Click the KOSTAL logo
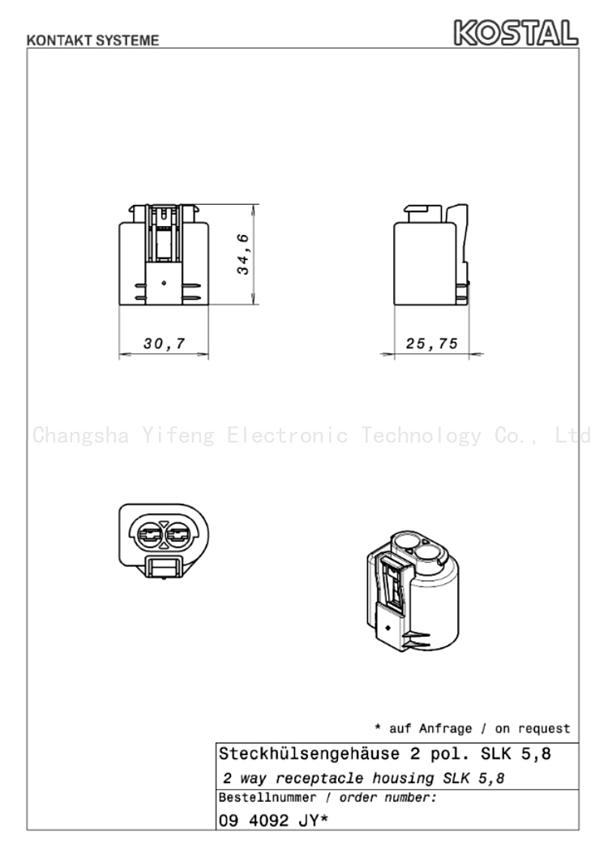[x=516, y=32]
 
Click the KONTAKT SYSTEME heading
[x=93, y=41]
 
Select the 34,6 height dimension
[x=242, y=254]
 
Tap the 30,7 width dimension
[x=164, y=343]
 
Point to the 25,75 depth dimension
[x=431, y=343]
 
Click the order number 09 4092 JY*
[x=273, y=821]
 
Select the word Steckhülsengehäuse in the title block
[x=309, y=754]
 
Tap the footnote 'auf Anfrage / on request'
[x=480, y=728]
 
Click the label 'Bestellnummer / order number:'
[x=328, y=798]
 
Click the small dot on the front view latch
[x=164, y=283]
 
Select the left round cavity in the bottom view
[x=149, y=533]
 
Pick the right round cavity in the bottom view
[x=178, y=533]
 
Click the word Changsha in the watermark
[x=81, y=436]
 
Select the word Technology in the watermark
[x=421, y=436]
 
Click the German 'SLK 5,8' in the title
[x=516, y=754]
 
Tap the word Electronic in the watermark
[x=288, y=436]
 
